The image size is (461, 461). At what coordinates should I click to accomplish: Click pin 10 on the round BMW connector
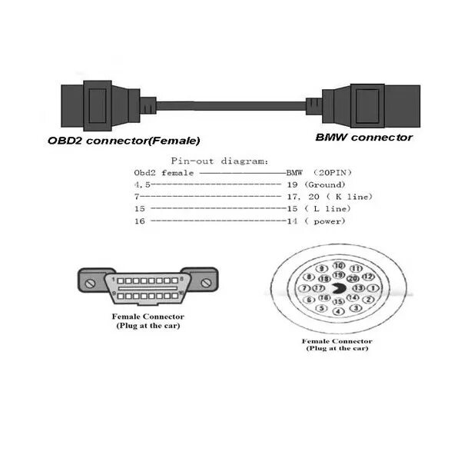338,264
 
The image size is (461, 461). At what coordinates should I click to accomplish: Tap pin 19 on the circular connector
337,274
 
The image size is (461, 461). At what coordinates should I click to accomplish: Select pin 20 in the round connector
353,278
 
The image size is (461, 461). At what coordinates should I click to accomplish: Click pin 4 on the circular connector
338,311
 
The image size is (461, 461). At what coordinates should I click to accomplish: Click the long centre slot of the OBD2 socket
148,284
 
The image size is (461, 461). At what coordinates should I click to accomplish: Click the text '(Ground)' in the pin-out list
324,184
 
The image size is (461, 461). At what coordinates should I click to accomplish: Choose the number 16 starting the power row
139,221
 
